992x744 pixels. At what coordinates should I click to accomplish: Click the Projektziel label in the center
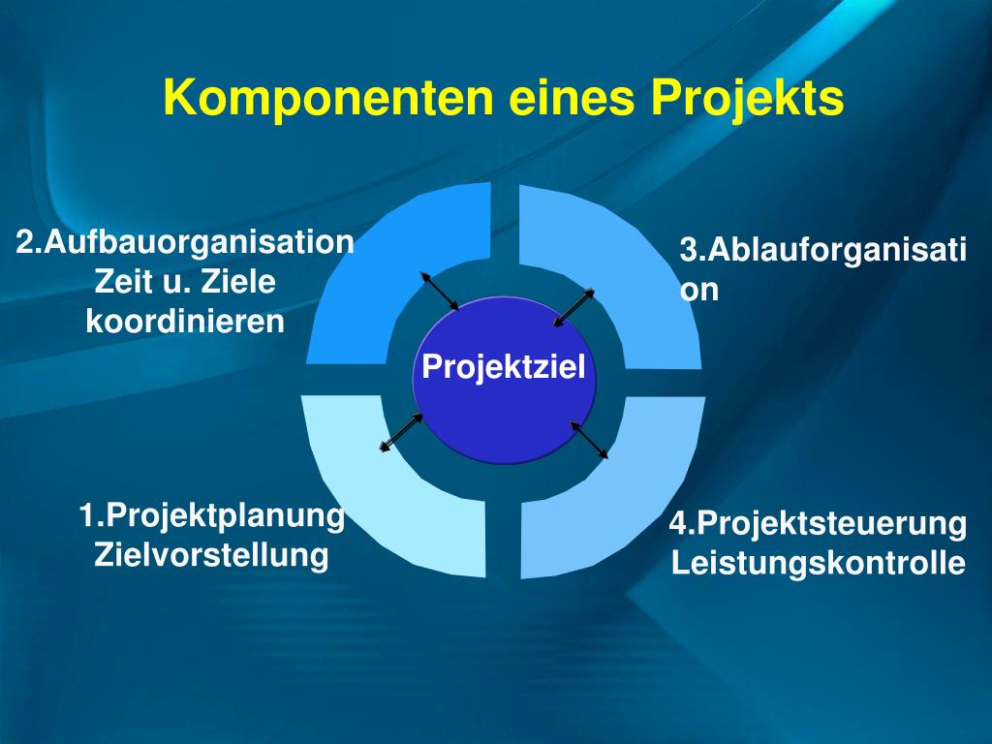click(504, 368)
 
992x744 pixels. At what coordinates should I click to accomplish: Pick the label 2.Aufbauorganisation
click(185, 241)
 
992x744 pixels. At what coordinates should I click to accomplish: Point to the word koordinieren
click(185, 322)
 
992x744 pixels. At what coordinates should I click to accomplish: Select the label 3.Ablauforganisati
click(822, 251)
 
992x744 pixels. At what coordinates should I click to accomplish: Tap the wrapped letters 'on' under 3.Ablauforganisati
click(699, 290)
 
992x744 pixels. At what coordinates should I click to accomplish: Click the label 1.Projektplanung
click(212, 515)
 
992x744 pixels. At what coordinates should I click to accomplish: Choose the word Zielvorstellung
click(211, 556)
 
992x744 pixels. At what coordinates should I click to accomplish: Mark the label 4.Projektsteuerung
click(818, 524)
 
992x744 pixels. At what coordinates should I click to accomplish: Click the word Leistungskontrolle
click(819, 563)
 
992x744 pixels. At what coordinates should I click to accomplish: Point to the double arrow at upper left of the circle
click(440, 292)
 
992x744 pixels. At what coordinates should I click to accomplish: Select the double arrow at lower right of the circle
click(589, 439)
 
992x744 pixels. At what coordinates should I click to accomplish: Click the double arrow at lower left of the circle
click(400, 433)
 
